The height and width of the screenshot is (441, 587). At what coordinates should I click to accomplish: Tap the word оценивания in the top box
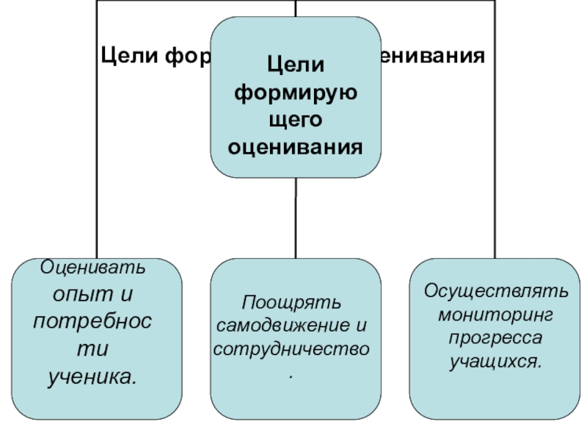tap(296, 146)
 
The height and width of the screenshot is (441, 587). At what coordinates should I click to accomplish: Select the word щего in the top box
tap(296, 119)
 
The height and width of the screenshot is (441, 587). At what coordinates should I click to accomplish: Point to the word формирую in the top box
tap(296, 92)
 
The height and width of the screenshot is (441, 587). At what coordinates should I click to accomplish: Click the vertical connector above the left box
tap(97, 184)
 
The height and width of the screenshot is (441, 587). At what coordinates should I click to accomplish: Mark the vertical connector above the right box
tap(495, 184)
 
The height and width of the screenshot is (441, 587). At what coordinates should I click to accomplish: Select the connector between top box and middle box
tap(296, 217)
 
